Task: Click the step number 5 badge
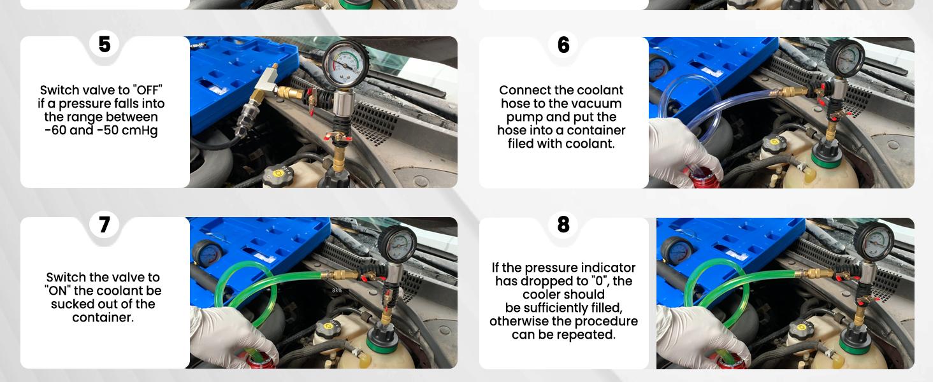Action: [x=105, y=45]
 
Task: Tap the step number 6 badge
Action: [x=563, y=45]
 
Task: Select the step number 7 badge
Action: [x=105, y=225]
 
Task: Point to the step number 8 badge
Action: [x=563, y=225]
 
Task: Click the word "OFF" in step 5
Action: [x=147, y=90]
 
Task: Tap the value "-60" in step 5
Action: [x=57, y=131]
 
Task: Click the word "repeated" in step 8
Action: [x=588, y=335]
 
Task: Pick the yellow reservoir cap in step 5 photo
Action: [x=275, y=172]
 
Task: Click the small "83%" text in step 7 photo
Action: [x=337, y=290]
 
